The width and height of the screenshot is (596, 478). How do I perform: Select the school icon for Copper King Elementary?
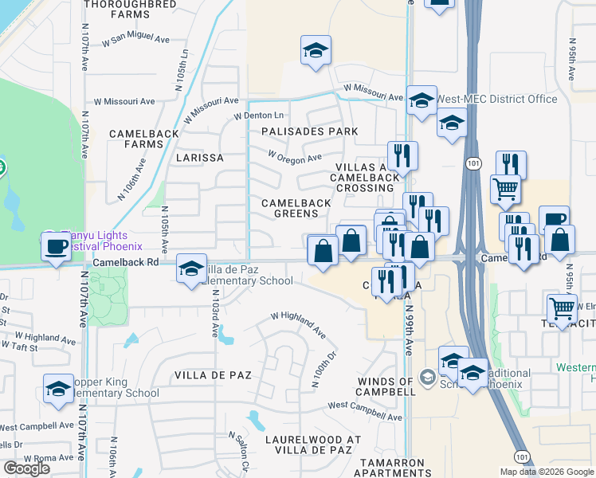tap(58, 390)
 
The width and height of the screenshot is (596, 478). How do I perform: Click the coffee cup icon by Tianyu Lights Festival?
tap(56, 247)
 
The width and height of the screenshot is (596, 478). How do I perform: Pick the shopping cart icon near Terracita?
tap(563, 307)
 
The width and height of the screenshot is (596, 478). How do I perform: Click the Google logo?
tap(26, 468)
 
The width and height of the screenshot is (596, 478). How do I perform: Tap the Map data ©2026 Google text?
tap(547, 472)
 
